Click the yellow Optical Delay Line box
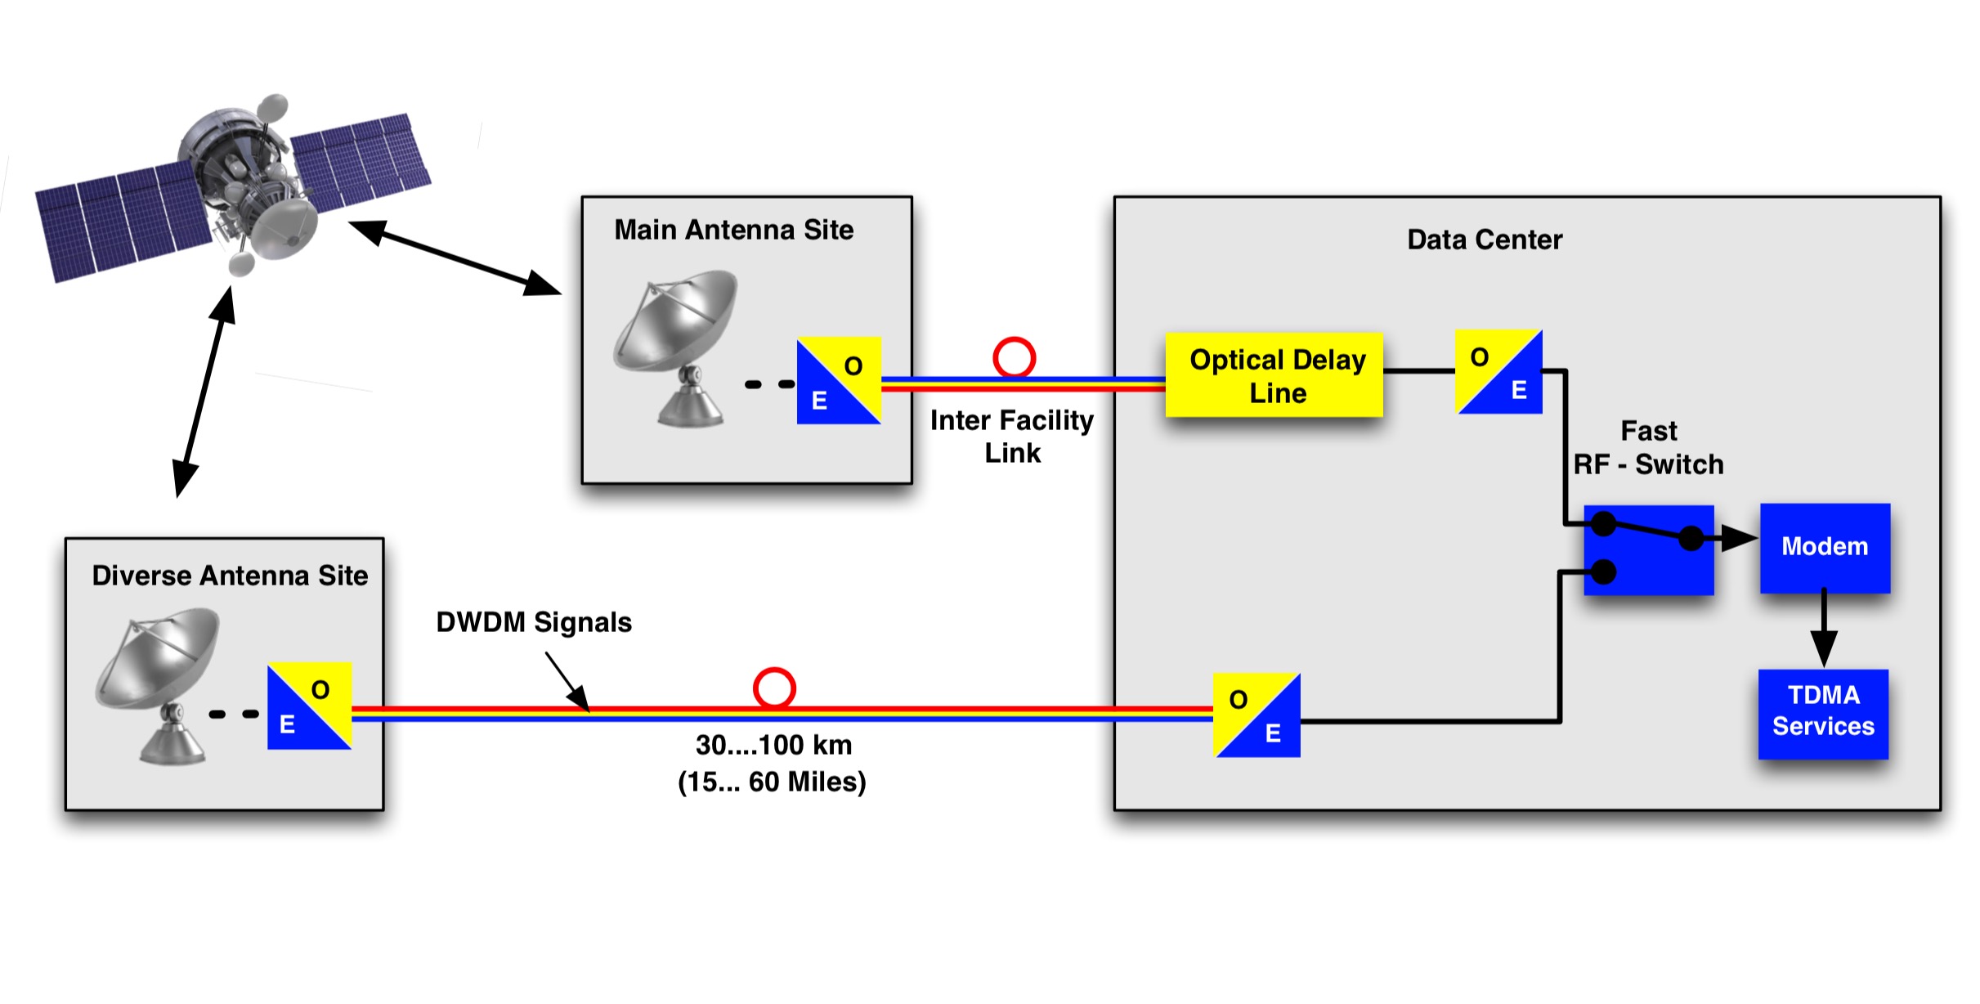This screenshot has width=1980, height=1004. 1274,375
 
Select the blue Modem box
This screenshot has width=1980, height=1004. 1824,547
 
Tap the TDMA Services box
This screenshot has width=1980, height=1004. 1822,714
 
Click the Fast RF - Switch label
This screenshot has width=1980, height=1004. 1648,448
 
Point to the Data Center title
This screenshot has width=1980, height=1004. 1484,240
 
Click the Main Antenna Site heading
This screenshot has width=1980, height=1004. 733,230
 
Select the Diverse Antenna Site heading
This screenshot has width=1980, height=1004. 230,576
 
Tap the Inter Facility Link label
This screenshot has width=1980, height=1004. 1012,437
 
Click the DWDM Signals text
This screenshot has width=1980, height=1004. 534,622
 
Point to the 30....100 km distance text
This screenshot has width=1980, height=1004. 773,745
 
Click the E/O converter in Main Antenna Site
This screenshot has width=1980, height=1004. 838,381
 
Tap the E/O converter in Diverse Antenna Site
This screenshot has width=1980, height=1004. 309,706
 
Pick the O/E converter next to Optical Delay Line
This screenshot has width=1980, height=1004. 1498,372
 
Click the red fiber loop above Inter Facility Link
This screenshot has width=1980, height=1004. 1014,357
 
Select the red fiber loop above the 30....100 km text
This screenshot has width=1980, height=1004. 773,688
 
